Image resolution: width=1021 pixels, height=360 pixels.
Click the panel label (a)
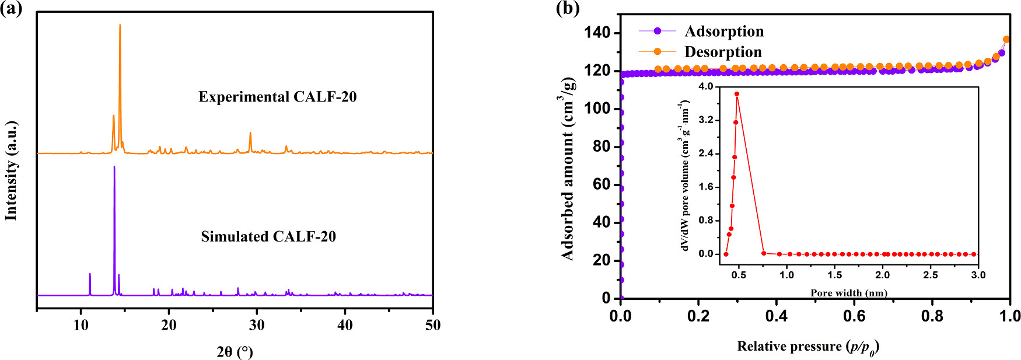(x=11, y=9)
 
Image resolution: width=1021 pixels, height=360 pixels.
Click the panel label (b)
(x=568, y=9)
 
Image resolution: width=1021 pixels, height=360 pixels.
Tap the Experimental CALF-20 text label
(x=277, y=97)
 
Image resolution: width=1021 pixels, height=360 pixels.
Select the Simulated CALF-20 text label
(x=268, y=236)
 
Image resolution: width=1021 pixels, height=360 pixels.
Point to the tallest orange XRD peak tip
(x=120, y=25)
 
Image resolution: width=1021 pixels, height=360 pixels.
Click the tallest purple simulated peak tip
(x=114, y=167)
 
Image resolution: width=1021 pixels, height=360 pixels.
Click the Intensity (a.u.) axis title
(x=11, y=171)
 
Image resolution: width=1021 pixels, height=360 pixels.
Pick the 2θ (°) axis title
(x=235, y=351)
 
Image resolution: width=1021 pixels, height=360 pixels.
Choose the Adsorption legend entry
(x=723, y=31)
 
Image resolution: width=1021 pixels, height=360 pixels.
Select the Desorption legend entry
(x=723, y=52)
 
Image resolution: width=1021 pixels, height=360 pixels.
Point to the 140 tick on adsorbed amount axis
(x=597, y=33)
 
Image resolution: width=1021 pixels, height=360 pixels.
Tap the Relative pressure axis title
(x=808, y=347)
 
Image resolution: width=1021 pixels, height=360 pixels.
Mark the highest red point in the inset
(x=737, y=94)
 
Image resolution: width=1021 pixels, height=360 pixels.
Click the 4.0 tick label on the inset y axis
(x=706, y=86)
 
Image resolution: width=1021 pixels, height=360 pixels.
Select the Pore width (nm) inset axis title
(x=849, y=293)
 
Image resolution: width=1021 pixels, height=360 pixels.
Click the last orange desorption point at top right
(x=1006, y=40)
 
